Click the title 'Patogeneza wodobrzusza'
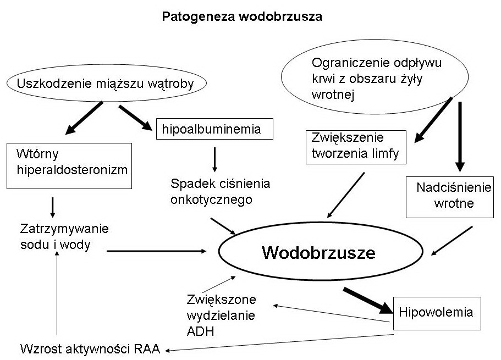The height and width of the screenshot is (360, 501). pyautogui.click(x=242, y=16)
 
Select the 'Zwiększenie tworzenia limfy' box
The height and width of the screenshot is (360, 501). pyautogui.click(x=355, y=146)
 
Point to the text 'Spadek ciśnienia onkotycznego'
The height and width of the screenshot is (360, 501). pyautogui.click(x=220, y=191)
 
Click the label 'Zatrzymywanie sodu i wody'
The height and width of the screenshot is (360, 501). pyautogui.click(x=57, y=236)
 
